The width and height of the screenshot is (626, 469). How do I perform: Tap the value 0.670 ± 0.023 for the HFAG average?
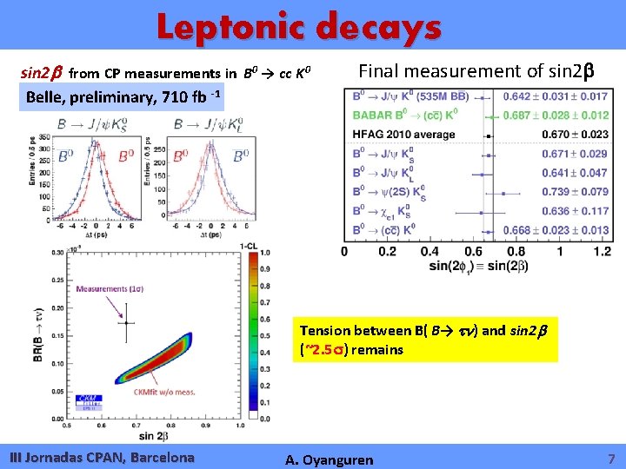pos(575,135)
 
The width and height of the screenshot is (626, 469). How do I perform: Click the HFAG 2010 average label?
pos(403,135)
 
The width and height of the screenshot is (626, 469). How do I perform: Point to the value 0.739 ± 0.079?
pos(575,192)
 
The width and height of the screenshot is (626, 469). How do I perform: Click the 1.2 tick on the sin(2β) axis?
pos(602,252)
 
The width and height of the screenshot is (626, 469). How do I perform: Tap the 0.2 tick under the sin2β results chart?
pos(387,252)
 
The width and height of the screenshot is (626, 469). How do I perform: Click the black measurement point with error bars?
pos(127,322)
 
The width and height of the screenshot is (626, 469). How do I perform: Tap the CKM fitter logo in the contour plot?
pos(90,401)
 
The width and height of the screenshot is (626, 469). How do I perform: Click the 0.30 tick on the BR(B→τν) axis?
pos(57,253)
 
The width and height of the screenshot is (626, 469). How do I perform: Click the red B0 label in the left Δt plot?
pos(66,156)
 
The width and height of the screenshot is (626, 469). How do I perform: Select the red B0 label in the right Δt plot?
pos(180,155)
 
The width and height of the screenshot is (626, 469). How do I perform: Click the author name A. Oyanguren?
pos(330,459)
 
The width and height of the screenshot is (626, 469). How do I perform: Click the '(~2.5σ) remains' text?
pos(351,349)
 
